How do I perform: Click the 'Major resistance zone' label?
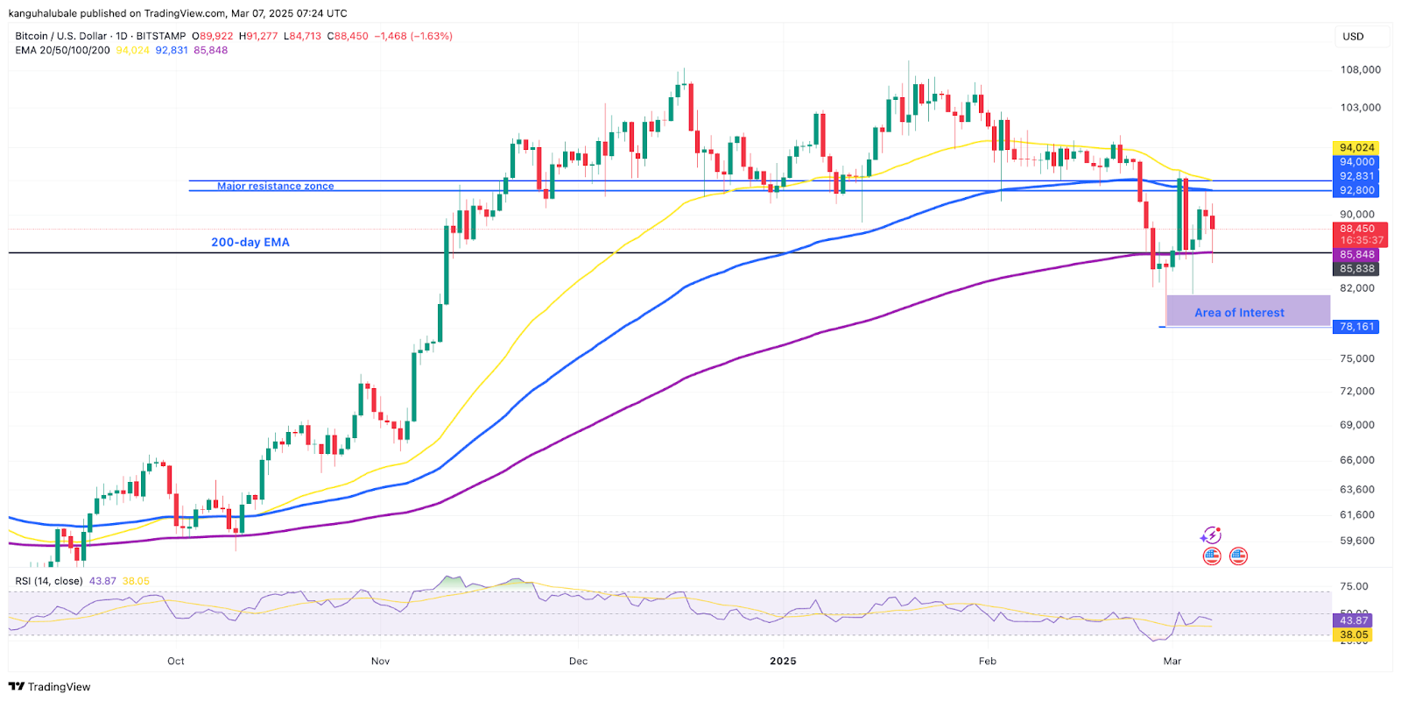[275, 186]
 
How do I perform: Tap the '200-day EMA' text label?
[250, 243]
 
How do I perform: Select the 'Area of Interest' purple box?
[1248, 312]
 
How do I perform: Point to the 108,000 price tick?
[1360, 70]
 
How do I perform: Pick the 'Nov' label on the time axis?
[380, 661]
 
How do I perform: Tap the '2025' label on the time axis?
[783, 661]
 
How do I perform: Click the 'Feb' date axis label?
[988, 661]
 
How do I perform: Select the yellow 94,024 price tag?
[1356, 148]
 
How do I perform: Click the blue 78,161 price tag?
[1356, 327]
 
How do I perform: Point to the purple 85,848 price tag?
[1356, 255]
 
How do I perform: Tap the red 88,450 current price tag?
[1357, 229]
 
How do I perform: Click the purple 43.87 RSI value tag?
[1353, 620]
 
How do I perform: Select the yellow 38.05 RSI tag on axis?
[1353, 634]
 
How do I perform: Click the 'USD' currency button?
[1353, 37]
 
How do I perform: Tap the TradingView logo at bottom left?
[50, 687]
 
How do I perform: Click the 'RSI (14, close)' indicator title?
[49, 581]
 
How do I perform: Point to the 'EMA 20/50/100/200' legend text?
[62, 51]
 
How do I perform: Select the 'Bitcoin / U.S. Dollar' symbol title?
[60, 37]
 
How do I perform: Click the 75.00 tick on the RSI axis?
[1353, 587]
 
